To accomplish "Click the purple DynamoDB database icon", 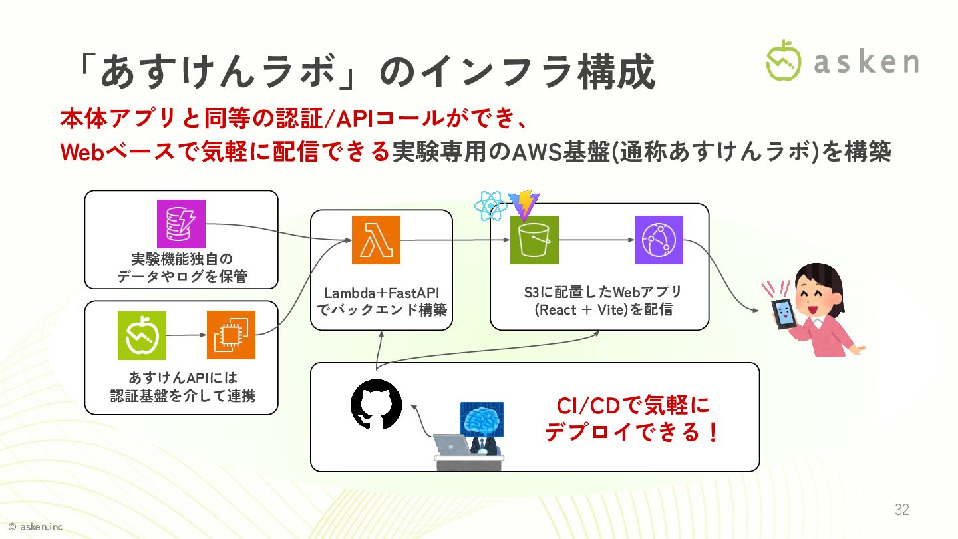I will (181, 224).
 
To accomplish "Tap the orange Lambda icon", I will (376, 240).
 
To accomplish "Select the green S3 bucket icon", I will (534, 240).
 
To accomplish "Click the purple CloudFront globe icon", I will (659, 240).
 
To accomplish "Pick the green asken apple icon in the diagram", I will (142, 335).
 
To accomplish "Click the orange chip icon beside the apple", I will (231, 335).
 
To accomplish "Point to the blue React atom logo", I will (491, 206).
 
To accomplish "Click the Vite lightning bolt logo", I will (524, 205).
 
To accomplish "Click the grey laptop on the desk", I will (452, 445).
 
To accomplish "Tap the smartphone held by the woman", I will (783, 313).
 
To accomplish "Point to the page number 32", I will (901, 510).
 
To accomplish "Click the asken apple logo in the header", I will (784, 61).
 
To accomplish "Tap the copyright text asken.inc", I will (36, 527).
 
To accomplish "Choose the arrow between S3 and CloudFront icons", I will (596, 240).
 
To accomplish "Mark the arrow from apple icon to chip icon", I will (186, 335).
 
